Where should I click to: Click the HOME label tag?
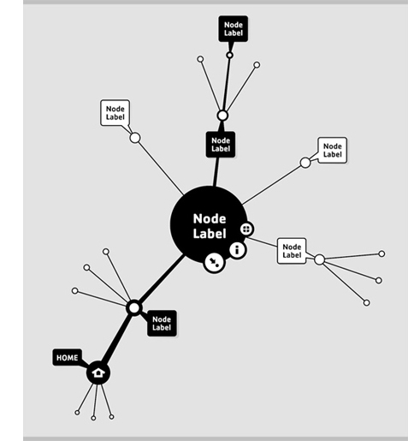[x=68, y=357]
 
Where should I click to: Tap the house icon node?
[x=98, y=372]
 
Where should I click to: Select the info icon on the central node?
[x=237, y=250]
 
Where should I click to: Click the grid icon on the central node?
[x=246, y=229]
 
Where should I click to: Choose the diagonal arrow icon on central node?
[x=215, y=262]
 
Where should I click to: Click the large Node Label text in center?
[x=210, y=226]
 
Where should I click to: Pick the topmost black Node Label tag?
[x=234, y=29]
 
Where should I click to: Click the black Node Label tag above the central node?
[x=221, y=145]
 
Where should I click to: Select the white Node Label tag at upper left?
[x=115, y=113]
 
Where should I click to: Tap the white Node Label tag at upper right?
[x=333, y=150]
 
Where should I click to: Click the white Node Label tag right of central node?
[x=292, y=251]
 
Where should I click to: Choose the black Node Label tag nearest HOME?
[x=162, y=323]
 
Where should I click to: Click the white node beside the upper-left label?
[x=135, y=138]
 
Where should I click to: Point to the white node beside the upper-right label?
[x=305, y=163]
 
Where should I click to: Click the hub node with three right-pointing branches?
[x=320, y=259]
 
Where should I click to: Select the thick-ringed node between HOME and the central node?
[x=134, y=308]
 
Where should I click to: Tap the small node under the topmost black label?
[x=229, y=55]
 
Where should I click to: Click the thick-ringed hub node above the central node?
[x=222, y=116]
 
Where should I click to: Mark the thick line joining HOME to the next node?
[x=116, y=341]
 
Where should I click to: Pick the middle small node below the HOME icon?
[x=93, y=418]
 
